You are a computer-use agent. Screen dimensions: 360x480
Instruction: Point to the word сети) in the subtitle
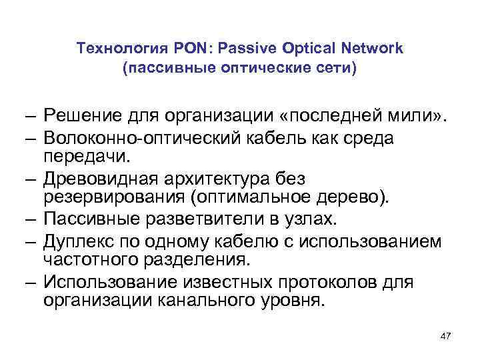(x=337, y=69)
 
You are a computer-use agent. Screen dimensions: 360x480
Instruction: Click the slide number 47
(x=445, y=336)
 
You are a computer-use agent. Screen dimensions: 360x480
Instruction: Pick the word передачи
(x=87, y=155)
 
